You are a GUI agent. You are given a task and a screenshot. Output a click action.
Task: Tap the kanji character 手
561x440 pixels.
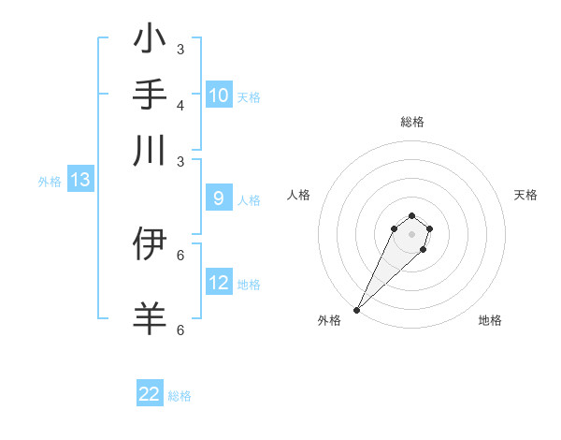151,95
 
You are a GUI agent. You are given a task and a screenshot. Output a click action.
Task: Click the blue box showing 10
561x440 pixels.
219,95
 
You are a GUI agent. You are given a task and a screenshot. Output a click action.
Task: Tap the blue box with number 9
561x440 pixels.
219,198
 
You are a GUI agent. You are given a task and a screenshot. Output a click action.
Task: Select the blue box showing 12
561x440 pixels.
219,283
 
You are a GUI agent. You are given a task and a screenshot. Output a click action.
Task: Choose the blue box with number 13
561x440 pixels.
79,181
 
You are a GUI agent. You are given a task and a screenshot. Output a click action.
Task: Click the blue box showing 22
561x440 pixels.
150,394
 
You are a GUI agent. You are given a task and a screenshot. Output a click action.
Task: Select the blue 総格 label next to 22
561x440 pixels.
180,396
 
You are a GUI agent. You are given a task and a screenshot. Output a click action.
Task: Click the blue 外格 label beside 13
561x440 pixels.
50,182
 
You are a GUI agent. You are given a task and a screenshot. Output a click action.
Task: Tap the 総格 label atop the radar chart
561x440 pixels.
411,122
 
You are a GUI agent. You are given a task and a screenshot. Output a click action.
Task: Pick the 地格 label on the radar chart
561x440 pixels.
490,320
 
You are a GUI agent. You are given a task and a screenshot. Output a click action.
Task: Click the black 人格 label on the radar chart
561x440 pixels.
299,195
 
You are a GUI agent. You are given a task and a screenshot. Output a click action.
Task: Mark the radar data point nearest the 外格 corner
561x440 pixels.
356,310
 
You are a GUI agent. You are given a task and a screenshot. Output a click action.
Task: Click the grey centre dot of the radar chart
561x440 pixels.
411,234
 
